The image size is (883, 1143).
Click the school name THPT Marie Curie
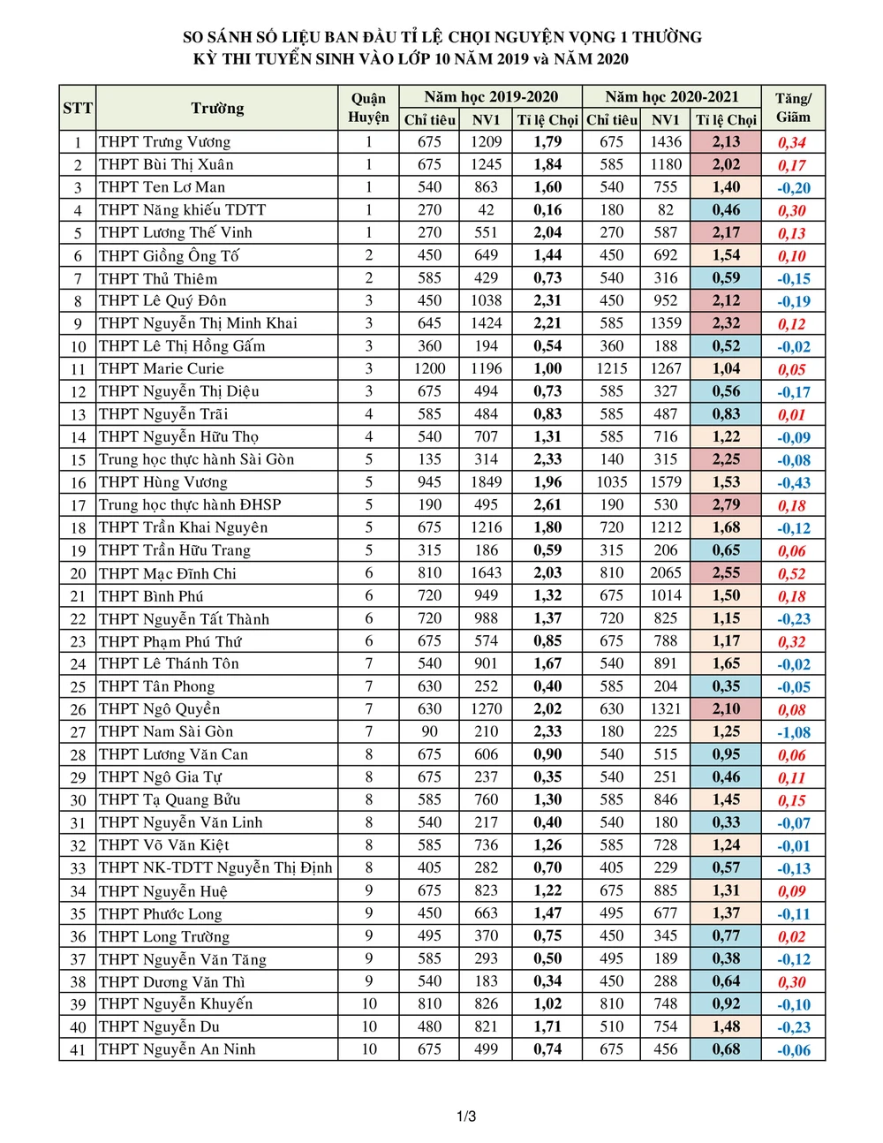point(162,368)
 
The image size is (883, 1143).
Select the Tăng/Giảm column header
point(793,108)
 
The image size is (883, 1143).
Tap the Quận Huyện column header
point(368,108)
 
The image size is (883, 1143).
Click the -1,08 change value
point(793,732)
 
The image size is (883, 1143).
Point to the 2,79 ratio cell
point(726,504)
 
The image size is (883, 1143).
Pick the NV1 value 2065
point(666,572)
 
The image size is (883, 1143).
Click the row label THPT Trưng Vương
point(164,141)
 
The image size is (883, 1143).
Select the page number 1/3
point(466,1117)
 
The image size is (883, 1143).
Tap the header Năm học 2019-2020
point(490,97)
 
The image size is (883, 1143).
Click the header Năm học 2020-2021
point(671,97)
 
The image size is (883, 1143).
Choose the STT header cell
point(78,108)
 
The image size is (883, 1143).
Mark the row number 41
point(78,1049)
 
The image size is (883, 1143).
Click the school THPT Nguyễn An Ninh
point(177,1049)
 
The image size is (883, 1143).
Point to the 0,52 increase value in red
point(792,573)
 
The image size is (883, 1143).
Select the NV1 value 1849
point(486,481)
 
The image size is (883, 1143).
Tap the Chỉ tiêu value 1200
point(429,368)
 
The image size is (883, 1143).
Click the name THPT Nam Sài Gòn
point(166,731)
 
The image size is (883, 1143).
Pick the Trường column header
point(217,108)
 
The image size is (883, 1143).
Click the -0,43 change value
point(793,482)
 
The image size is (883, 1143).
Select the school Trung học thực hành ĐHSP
point(190,504)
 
